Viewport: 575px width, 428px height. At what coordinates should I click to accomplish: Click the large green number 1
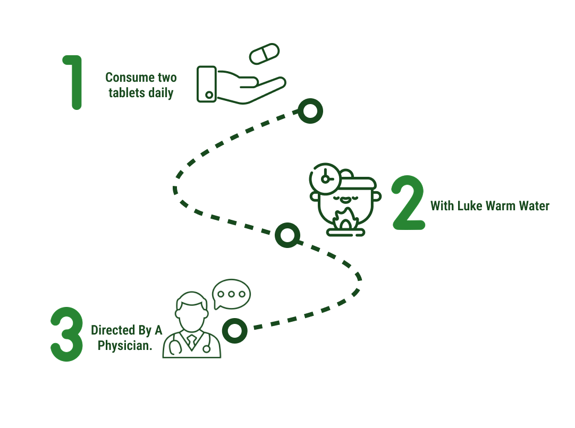pyautogui.click(x=74, y=82)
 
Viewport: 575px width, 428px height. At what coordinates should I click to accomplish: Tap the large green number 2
pyautogui.click(x=409, y=203)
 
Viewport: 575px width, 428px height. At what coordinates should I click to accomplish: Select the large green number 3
pyautogui.click(x=67, y=335)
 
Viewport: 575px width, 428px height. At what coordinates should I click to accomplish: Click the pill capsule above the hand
pyautogui.click(x=265, y=54)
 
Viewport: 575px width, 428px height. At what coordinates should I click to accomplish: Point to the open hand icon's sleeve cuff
pyautogui.click(x=207, y=84)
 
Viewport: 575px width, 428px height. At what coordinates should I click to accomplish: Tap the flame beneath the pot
pyautogui.click(x=345, y=220)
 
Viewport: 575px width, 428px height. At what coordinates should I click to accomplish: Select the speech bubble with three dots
pyautogui.click(x=231, y=294)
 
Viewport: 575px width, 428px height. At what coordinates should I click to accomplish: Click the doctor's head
pyautogui.click(x=191, y=311)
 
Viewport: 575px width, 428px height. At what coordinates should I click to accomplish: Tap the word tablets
pyautogui.click(x=126, y=93)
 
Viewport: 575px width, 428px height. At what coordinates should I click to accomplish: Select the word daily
pyautogui.click(x=160, y=93)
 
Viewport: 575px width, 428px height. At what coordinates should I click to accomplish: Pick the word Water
pyautogui.click(x=532, y=206)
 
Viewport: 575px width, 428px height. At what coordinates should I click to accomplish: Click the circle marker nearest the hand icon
pyautogui.click(x=310, y=111)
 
